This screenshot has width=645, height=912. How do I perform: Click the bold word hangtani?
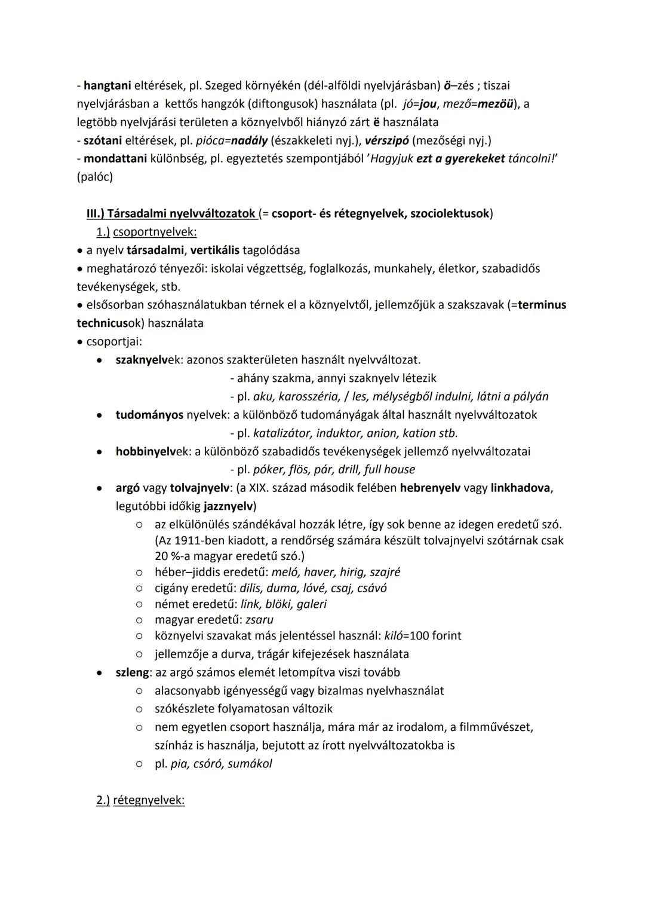[x=107, y=85]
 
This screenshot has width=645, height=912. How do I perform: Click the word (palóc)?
[x=94, y=177]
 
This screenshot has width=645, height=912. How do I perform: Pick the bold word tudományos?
[x=149, y=414]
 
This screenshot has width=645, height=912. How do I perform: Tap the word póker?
[x=269, y=469]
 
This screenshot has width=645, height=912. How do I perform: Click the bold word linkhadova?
[x=520, y=488]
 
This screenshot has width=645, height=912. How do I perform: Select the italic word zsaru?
[x=259, y=619]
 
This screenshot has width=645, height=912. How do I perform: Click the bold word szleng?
[x=132, y=672]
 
